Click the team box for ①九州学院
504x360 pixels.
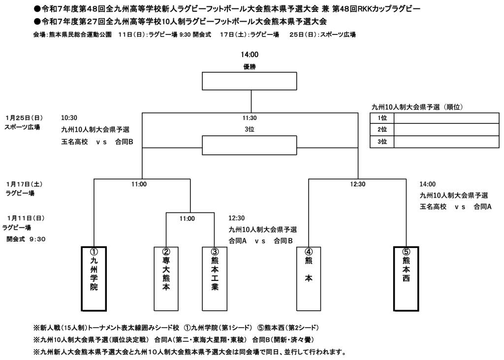tap(94, 278)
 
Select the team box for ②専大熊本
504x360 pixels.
tap(166, 278)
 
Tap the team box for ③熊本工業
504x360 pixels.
tap(215, 278)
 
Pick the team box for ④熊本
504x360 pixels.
tap(309, 278)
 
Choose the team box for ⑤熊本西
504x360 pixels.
tap(406, 278)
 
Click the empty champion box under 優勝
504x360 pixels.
tap(250, 82)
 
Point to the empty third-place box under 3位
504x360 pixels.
tap(250, 145)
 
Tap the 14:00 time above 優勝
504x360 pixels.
tap(250, 55)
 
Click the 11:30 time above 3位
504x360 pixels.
tap(250, 118)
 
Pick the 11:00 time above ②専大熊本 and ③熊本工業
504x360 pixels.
tap(187, 218)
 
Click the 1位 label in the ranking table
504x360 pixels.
tap(382, 118)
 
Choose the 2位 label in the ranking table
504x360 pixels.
tap(382, 130)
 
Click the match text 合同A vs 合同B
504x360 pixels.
tap(261, 241)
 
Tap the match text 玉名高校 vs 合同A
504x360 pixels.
tap(456, 207)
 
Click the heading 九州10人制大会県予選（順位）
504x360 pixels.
tap(418, 106)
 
